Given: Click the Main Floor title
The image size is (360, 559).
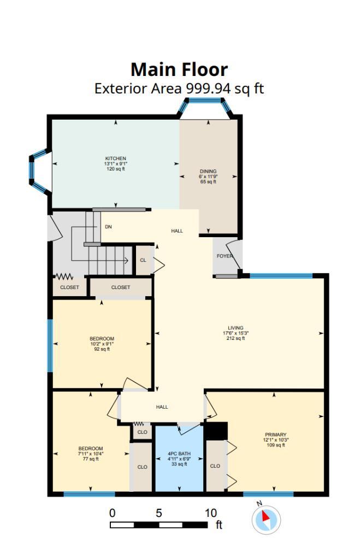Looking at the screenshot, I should click(x=179, y=69).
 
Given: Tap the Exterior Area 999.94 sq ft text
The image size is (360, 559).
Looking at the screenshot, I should click(x=179, y=89).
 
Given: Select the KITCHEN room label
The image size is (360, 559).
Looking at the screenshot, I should click(x=115, y=158).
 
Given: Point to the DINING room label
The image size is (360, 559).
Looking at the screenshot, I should click(x=208, y=172).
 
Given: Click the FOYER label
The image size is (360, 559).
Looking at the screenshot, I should click(x=225, y=256).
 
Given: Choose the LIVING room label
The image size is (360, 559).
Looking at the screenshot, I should click(x=236, y=328).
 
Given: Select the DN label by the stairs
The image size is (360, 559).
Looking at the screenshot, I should click(x=108, y=227).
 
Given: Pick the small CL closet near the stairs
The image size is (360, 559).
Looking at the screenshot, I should click(x=143, y=260).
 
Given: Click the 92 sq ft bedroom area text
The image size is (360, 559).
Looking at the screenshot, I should click(x=102, y=349).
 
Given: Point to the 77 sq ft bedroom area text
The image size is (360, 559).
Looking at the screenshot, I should click(x=91, y=459).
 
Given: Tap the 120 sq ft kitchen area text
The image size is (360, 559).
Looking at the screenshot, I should click(x=115, y=169).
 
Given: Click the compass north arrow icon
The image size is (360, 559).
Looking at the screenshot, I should click(x=267, y=518).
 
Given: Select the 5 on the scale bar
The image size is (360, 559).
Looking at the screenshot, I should click(x=158, y=513).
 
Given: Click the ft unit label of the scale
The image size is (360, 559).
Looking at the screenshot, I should click(x=219, y=525).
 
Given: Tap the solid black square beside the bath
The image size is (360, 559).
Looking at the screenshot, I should click(x=216, y=431).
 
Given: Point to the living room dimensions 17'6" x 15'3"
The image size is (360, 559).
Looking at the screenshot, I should click(x=236, y=333).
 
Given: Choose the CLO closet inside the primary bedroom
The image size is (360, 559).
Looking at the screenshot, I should click(x=215, y=466).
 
